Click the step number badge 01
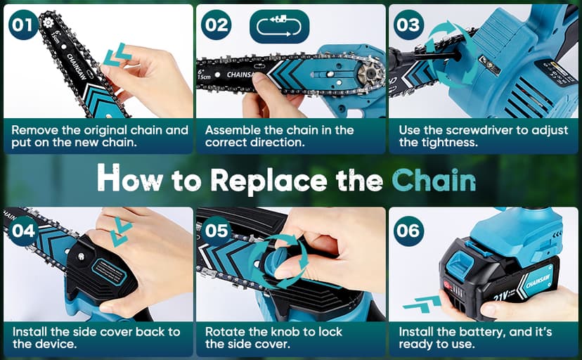pyautogui.click(x=23, y=25)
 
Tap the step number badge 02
pyautogui.click(x=216, y=25)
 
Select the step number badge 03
pyautogui.click(x=408, y=25)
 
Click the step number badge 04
pyautogui.click(x=23, y=230)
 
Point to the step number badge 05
pyautogui.click(x=216, y=230)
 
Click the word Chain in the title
pyautogui.click(x=433, y=179)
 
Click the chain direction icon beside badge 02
pyautogui.click(x=280, y=26)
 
